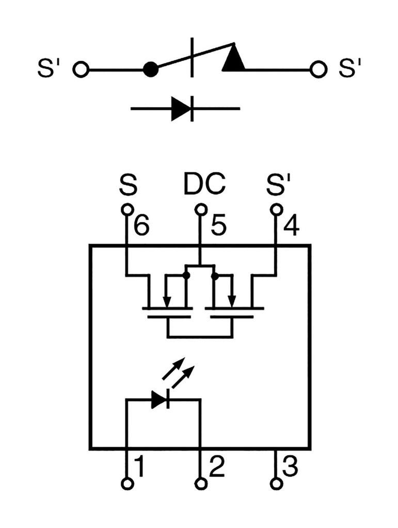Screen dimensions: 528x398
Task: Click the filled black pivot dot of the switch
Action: click(x=150, y=69)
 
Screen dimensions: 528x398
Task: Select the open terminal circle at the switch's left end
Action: click(x=81, y=69)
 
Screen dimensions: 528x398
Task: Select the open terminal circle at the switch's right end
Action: click(x=319, y=69)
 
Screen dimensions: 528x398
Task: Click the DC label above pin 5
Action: click(x=204, y=185)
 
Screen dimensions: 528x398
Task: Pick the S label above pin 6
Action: click(x=128, y=185)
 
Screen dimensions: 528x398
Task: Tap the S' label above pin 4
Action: click(x=279, y=185)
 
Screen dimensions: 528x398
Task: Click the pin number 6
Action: click(x=141, y=227)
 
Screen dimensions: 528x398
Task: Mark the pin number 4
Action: click(x=291, y=227)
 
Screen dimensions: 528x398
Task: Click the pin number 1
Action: click(x=138, y=467)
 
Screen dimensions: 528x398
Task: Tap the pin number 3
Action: click(x=290, y=467)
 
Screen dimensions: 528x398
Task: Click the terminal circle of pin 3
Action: click(x=277, y=484)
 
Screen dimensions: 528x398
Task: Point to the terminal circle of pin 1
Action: click(x=127, y=484)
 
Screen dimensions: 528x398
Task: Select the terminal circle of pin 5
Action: click(x=201, y=209)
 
